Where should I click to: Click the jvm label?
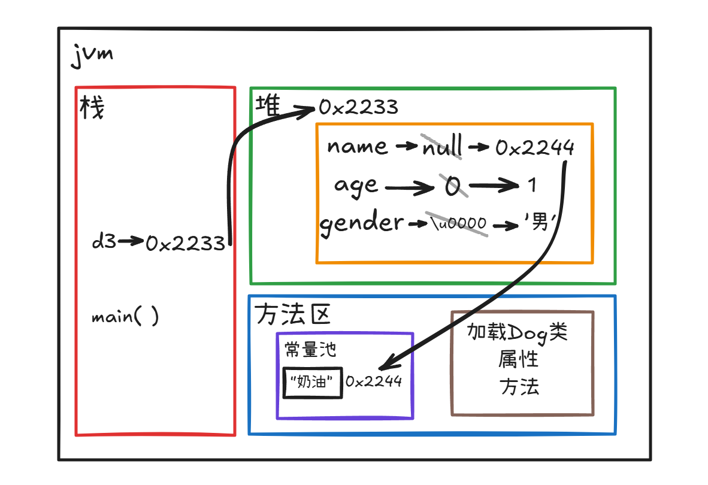pyautogui.click(x=92, y=57)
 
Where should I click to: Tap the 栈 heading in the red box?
pyautogui.click(x=92, y=108)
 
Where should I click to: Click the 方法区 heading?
pyautogui.click(x=293, y=314)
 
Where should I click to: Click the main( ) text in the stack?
pyautogui.click(x=125, y=316)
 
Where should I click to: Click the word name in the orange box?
pyautogui.click(x=358, y=146)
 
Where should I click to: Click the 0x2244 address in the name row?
pyautogui.click(x=535, y=147)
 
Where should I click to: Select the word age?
pyautogui.click(x=357, y=186)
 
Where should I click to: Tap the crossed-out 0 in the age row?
pyautogui.click(x=453, y=187)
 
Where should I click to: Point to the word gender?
pyautogui.click(x=362, y=224)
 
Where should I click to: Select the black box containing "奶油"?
pyautogui.click(x=312, y=382)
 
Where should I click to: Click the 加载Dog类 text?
pyautogui.click(x=517, y=332)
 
